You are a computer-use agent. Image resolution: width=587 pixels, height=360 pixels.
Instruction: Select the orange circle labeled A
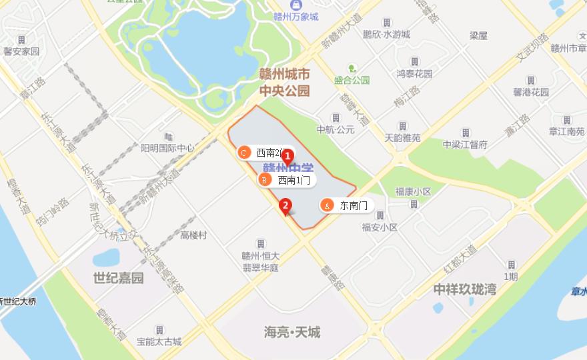tap(327, 205)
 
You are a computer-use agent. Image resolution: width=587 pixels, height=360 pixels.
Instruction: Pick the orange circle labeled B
tap(264, 180)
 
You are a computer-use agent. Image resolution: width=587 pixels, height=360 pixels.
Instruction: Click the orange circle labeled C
tap(244, 153)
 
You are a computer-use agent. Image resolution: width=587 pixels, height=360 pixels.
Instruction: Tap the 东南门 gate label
tap(354, 205)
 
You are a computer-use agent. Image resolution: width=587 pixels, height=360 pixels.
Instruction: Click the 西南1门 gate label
tap(293, 180)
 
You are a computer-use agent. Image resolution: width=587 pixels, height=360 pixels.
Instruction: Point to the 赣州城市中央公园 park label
tap(285, 81)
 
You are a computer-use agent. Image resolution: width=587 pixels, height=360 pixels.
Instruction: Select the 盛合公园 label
tap(352, 80)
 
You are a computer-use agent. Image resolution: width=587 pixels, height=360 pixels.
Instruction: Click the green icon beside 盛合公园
tap(352, 68)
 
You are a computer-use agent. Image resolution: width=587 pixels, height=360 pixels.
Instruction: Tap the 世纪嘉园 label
tap(118, 278)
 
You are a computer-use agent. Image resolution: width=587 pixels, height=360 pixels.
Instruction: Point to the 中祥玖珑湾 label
tap(465, 289)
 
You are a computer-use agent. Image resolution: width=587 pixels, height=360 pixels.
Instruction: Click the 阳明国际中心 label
tap(167, 148)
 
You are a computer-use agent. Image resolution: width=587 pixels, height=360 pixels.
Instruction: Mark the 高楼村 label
tap(193, 235)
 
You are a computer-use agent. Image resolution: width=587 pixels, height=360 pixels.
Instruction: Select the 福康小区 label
tap(414, 191)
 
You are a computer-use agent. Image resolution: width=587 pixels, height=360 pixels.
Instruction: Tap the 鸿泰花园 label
tap(414, 73)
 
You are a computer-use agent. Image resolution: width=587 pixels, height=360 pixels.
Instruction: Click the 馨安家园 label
tap(21, 51)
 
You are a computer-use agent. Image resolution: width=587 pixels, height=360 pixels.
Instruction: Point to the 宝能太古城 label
tap(159, 342)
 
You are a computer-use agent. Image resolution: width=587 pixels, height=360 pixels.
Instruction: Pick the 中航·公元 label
tap(336, 129)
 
